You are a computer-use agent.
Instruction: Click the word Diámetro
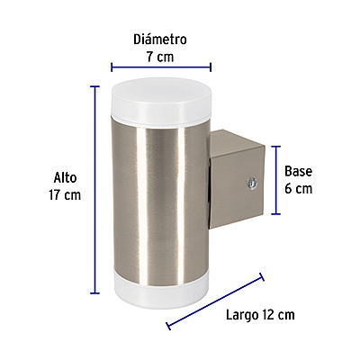159,40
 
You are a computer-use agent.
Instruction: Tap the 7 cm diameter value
159,56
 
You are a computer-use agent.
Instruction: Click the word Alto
66,178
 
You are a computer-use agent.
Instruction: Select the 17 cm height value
67,195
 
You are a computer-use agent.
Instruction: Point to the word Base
298,171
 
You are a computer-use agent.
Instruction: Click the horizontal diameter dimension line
160,66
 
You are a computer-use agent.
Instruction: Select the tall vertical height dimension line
93,189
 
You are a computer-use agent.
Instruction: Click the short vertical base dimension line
275,180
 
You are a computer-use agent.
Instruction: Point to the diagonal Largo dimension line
215,302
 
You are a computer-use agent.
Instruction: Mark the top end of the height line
93,86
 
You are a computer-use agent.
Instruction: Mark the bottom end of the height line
93,292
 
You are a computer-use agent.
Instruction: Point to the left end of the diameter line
111,66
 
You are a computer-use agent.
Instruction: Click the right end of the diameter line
211,66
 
